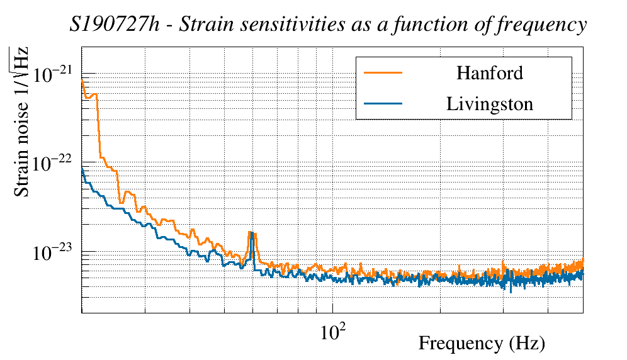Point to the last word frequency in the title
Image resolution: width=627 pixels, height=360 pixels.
pyautogui.click(x=546, y=26)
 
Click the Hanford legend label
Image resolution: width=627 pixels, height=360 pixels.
pyautogui.click(x=490, y=73)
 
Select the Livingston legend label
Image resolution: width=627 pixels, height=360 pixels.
pyautogui.click(x=490, y=104)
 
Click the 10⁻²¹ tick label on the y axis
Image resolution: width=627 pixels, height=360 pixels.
pyautogui.click(x=54, y=74)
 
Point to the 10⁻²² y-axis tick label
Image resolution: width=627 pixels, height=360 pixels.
pyautogui.click(x=54, y=163)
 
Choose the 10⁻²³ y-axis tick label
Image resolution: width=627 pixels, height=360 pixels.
pyautogui.click(x=54, y=252)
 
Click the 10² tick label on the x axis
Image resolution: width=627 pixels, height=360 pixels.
pyautogui.click(x=332, y=332)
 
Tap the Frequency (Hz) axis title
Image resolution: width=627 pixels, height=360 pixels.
pyautogui.click(x=481, y=344)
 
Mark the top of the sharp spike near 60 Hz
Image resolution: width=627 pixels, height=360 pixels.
pyautogui.click(x=251, y=232)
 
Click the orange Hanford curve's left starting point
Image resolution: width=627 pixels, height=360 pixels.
pyautogui.click(x=82, y=81)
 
